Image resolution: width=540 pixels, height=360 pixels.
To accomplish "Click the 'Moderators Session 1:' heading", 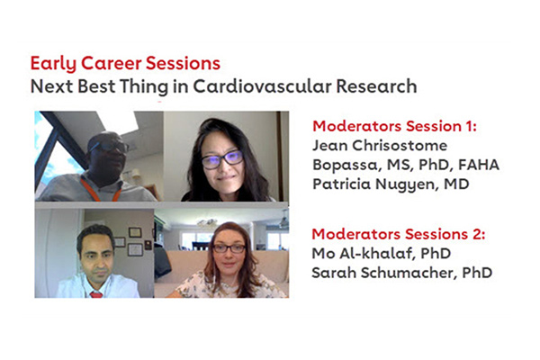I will click(393, 127).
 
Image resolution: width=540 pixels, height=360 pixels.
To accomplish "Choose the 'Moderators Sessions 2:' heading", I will click(397, 234).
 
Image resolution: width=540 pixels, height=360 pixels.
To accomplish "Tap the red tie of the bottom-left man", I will click(95, 292).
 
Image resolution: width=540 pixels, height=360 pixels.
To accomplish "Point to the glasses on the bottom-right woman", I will click(229, 247).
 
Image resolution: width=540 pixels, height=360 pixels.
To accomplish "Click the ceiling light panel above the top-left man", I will click(119, 121).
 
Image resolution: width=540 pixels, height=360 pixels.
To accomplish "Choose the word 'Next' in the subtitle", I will click(50, 87).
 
